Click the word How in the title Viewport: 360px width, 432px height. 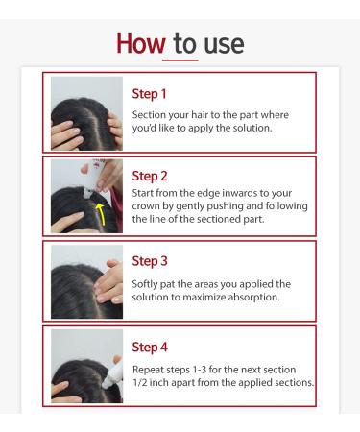tap(141, 43)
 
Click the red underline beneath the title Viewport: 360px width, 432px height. tap(180, 60)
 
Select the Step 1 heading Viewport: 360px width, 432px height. tap(149, 94)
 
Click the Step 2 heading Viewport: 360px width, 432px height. tap(150, 177)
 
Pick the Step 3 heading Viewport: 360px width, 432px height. tap(150, 261)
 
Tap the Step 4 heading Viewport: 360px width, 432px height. tap(150, 348)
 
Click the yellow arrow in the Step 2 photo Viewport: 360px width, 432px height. tap(103, 213)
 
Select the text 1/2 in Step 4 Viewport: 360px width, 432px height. tap(140, 383)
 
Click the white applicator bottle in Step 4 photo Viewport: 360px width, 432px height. tap(113, 374)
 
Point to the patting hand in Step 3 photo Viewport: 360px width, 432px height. tap(109, 282)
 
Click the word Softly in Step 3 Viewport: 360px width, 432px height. tap(144, 284)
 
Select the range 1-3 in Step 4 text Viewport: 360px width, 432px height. tap(199, 370)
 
